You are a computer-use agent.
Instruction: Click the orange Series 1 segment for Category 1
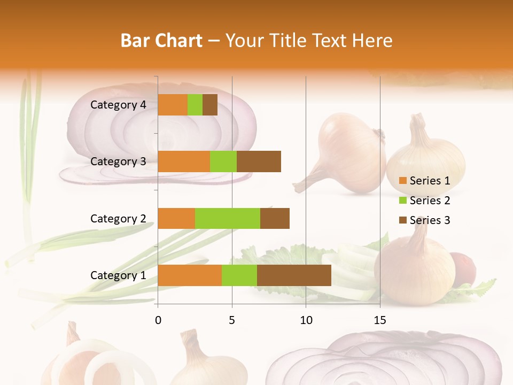[x=190, y=275]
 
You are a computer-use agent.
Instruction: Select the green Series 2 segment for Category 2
[x=228, y=218]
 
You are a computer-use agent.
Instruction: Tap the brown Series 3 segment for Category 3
[x=259, y=161]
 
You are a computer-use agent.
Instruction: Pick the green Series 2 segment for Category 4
[x=195, y=105]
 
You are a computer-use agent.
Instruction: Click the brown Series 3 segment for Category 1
[x=294, y=275]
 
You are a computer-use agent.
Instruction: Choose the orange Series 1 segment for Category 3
[x=184, y=161]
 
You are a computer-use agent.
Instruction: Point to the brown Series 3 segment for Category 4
[x=210, y=105]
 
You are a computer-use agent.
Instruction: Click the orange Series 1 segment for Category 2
[x=176, y=218]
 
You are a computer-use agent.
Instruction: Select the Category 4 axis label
[x=118, y=105]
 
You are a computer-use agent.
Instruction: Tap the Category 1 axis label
[x=118, y=275]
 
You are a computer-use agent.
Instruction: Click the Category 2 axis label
[x=118, y=218]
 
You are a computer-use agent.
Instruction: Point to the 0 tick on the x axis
[x=158, y=320]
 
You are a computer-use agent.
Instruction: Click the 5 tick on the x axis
[x=232, y=320]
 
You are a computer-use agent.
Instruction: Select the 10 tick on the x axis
[x=306, y=320]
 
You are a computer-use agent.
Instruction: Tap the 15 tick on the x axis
[x=380, y=320]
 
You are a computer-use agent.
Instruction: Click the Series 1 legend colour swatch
[x=403, y=181]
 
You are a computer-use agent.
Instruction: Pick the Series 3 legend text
[x=430, y=220]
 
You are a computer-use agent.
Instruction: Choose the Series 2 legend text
[x=430, y=201]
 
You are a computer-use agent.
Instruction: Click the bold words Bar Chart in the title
[x=161, y=41]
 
